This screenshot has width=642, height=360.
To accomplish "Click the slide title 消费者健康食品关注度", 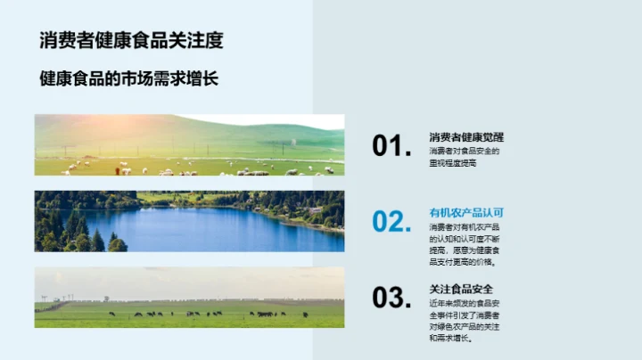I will click(x=131, y=40).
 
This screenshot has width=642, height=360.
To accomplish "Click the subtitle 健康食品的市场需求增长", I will click(x=129, y=79).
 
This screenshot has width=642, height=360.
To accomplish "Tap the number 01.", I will click(x=391, y=146).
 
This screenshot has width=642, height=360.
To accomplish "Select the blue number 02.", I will click(x=391, y=222).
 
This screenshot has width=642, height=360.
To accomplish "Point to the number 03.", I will click(x=391, y=298).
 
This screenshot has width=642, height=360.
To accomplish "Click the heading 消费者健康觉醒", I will click(x=466, y=137).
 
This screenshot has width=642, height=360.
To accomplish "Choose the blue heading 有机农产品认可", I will click(x=466, y=213).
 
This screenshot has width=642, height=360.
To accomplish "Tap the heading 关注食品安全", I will click(x=460, y=289).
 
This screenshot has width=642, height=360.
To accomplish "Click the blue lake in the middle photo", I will click(x=205, y=230).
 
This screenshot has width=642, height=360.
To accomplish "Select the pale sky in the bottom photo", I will click(x=189, y=281).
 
